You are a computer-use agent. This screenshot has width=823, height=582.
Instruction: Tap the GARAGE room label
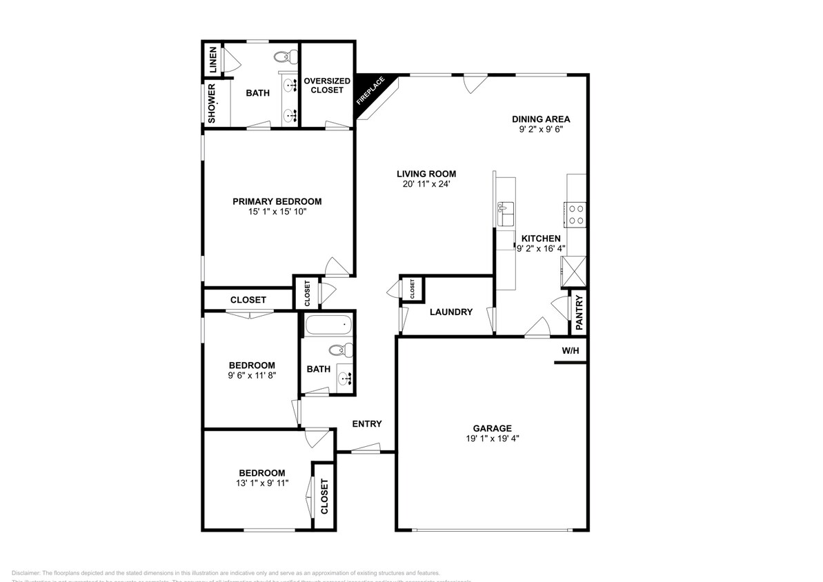tap(492, 428)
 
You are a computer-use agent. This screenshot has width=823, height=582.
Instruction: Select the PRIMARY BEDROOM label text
tap(277, 201)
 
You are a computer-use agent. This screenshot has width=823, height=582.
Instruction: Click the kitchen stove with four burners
tap(575, 214)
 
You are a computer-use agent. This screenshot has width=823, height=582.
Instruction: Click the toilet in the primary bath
tap(282, 56)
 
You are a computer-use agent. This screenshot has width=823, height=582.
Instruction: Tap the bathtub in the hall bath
tap(328, 324)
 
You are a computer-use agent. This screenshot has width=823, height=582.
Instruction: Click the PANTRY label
tap(579, 312)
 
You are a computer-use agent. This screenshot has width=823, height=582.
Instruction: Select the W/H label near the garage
tap(570, 350)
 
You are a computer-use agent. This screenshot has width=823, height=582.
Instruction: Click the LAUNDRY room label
tap(450, 312)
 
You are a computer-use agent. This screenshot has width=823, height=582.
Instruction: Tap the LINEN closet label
tap(213, 60)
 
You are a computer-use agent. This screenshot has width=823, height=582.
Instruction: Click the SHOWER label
tap(212, 103)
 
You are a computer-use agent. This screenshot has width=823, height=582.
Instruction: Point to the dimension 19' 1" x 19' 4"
tap(492, 439)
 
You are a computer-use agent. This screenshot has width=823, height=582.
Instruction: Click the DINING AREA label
tap(541, 119)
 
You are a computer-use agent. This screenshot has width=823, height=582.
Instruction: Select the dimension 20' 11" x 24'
tap(426, 184)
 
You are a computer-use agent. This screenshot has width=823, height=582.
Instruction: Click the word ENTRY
tap(366, 424)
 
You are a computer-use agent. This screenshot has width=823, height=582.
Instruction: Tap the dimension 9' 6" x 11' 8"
tap(252, 376)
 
